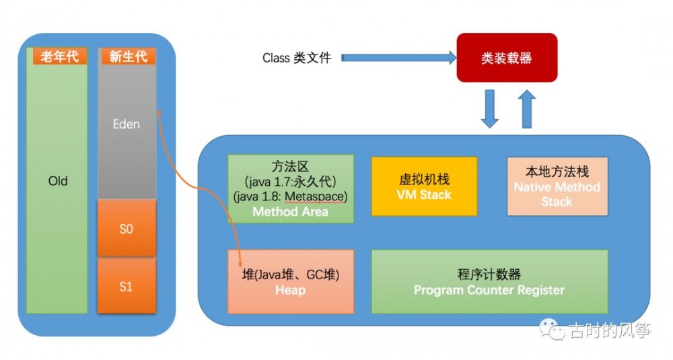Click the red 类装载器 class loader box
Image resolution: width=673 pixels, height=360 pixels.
tap(507, 58)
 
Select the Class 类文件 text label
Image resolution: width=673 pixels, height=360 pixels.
tap(297, 58)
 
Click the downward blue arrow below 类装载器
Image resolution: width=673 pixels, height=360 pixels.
tap(490, 109)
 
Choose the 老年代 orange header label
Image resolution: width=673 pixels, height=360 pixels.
tap(59, 57)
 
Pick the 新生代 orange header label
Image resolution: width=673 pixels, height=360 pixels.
tap(128, 57)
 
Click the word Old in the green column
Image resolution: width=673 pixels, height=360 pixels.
tap(58, 181)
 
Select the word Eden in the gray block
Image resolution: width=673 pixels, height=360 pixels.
tap(127, 124)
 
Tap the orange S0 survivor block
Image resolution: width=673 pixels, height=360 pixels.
tap(127, 229)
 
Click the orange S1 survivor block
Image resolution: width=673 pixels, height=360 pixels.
tap(127, 287)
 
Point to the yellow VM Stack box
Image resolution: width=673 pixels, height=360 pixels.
tap(424, 187)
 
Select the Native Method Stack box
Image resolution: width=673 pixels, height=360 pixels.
tap(557, 186)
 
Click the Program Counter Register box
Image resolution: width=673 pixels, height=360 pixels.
tap(489, 282)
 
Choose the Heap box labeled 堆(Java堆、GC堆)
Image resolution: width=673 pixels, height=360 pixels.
tap(291, 282)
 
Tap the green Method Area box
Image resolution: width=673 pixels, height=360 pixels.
tap(291, 189)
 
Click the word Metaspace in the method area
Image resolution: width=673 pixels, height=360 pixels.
tap(316, 196)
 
